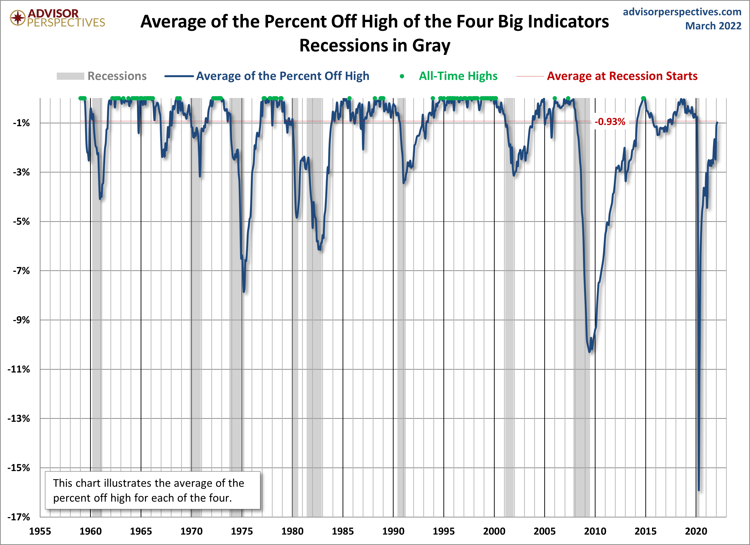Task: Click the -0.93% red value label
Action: click(x=610, y=122)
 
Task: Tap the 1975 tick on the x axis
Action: click(x=242, y=531)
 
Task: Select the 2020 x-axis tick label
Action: click(x=696, y=531)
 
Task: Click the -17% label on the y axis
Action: click(x=19, y=517)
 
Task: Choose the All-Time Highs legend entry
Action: click(x=458, y=76)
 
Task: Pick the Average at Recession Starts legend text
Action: click(x=622, y=76)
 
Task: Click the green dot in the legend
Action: click(x=402, y=76)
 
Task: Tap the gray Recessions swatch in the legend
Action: click(x=70, y=76)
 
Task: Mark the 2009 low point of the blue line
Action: click(x=590, y=351)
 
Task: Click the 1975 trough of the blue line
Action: click(x=244, y=291)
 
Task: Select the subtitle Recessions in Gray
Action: click(x=375, y=45)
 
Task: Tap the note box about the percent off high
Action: click(x=152, y=490)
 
